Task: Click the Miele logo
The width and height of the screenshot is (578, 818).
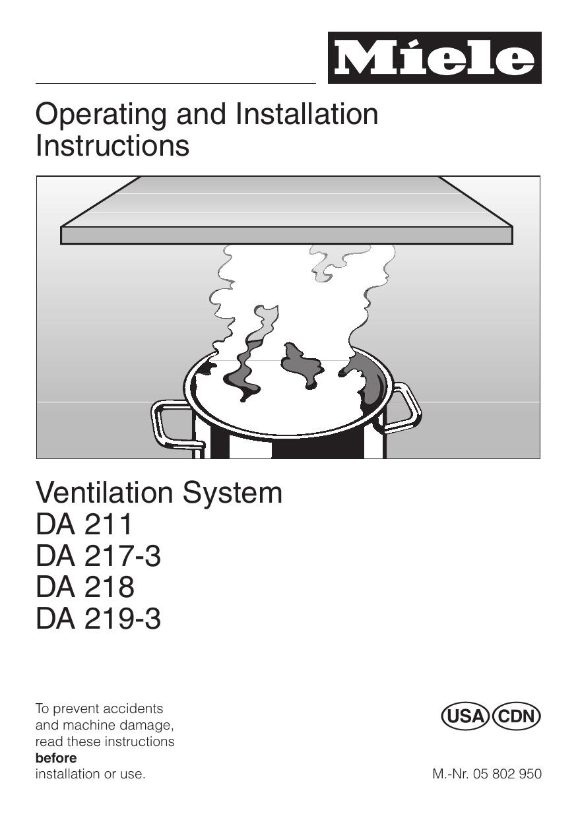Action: (434, 58)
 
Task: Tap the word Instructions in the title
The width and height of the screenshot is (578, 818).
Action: (112, 146)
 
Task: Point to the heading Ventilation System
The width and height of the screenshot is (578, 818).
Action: (159, 493)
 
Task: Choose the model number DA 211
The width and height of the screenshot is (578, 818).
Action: (84, 524)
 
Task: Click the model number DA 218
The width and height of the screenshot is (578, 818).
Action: (85, 587)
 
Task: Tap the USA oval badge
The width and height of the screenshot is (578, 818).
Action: (465, 716)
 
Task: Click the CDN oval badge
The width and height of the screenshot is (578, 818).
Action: (516, 716)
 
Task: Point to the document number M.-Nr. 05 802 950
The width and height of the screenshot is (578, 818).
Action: (487, 774)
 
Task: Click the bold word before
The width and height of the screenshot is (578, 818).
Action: (55, 758)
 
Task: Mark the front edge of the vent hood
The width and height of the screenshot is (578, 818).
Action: (286, 236)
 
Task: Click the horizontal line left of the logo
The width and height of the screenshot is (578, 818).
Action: (176, 84)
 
